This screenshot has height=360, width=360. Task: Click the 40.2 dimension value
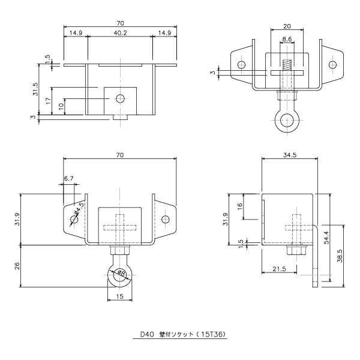[x=120, y=33]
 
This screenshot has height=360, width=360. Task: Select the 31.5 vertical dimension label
[x=36, y=89]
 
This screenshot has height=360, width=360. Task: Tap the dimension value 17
[x=49, y=101]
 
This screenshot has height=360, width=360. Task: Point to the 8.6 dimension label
[x=287, y=39]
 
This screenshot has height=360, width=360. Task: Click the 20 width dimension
[x=287, y=26]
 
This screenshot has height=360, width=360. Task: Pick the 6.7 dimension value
[x=68, y=178]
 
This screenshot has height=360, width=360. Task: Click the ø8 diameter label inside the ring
[x=121, y=273]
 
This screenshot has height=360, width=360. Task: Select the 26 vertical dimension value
[x=17, y=266]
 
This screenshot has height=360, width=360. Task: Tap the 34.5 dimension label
[x=290, y=155]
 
